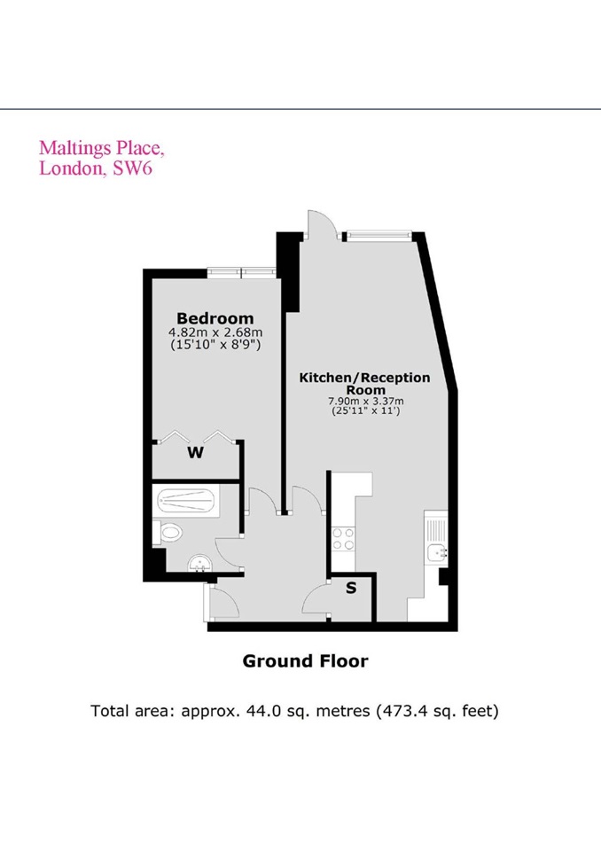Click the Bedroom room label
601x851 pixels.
[x=215, y=318]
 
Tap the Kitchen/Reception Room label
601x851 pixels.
[x=364, y=384]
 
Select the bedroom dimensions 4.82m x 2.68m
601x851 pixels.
[x=215, y=332]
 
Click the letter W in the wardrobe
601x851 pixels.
[x=196, y=453]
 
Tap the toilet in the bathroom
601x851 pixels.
[x=170, y=533]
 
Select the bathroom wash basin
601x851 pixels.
[x=198, y=564]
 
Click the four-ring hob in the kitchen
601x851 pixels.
[x=343, y=537]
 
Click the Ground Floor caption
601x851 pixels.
[x=305, y=660]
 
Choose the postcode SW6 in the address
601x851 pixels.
[x=133, y=168]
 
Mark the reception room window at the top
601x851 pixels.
[x=379, y=236]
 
